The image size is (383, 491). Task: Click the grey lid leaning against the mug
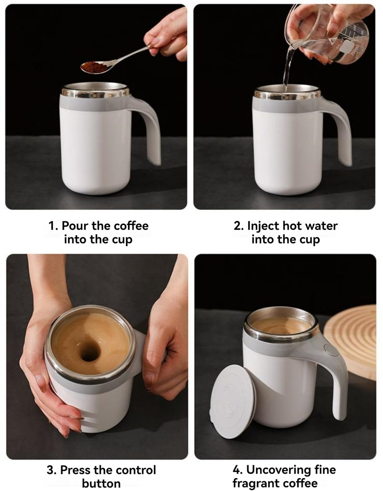tap(230, 401)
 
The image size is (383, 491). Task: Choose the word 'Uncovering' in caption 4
tap(275, 470)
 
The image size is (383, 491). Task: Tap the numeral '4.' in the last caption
tap(237, 470)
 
